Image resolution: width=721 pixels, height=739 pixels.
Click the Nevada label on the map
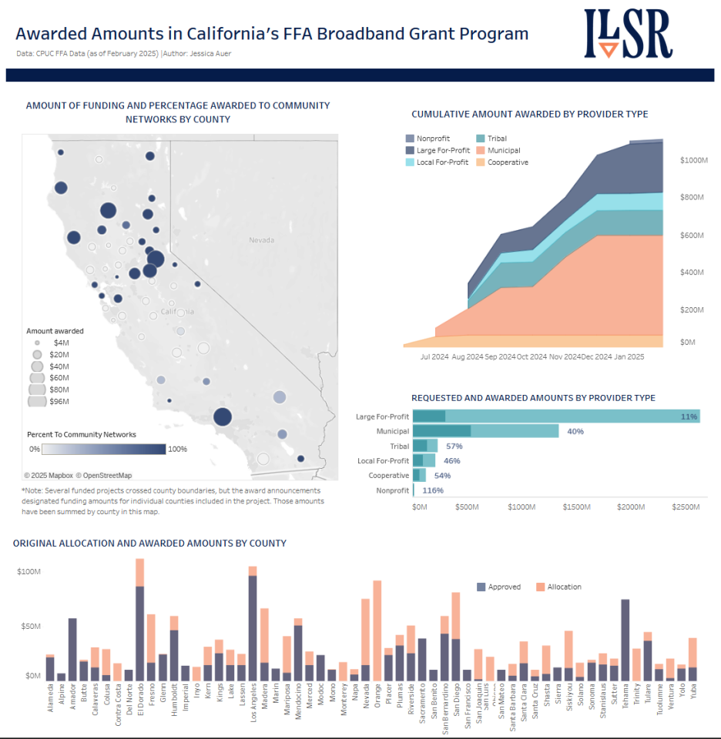click(x=261, y=240)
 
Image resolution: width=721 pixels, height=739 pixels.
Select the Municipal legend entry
click(x=503, y=151)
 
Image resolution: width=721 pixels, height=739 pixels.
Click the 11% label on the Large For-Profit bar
click(x=689, y=416)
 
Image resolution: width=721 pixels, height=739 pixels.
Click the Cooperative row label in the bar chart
click(x=389, y=475)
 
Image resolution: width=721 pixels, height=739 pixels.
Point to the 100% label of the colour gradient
click(x=177, y=449)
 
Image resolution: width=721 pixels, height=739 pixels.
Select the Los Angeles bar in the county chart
click(x=252, y=624)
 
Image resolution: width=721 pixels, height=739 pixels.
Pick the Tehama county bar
click(x=625, y=640)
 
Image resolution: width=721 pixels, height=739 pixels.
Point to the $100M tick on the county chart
click(x=29, y=572)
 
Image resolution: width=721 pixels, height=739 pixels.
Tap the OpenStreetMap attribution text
click(x=104, y=475)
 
